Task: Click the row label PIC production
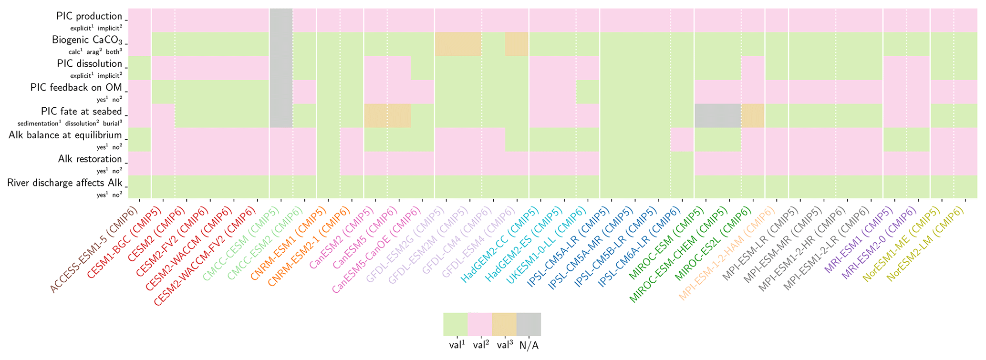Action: pyautogui.click(x=89, y=16)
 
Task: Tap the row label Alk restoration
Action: pyautogui.click(x=90, y=159)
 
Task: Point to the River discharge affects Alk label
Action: pyautogui.click(x=65, y=183)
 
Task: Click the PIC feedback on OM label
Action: pyautogui.click(x=76, y=88)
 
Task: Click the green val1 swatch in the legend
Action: pyautogui.click(x=455, y=324)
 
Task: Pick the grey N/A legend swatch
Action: pyautogui.click(x=529, y=324)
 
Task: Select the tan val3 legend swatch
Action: pyautogui.click(x=504, y=324)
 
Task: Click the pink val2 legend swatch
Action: pyautogui.click(x=479, y=324)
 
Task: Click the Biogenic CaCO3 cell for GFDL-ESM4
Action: pyautogui.click(x=517, y=44)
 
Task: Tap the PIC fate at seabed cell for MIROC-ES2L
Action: pyautogui.click(x=753, y=115)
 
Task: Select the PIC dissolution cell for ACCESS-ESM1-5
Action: pyautogui.click(x=139, y=68)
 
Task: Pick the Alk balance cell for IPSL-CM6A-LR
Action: pyautogui.click(x=682, y=139)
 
